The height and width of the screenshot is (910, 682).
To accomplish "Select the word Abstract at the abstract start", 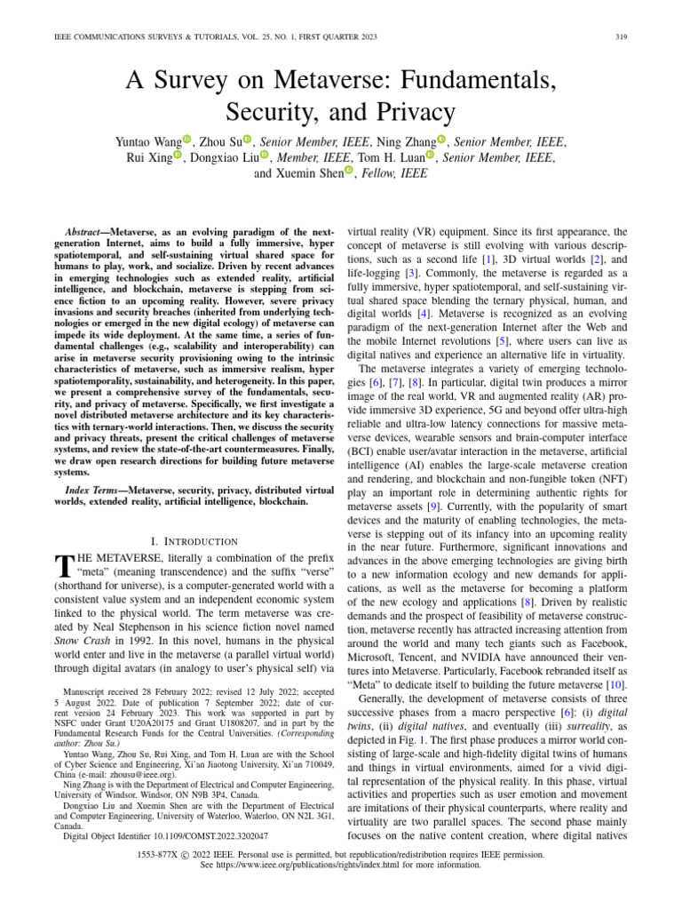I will tap(92, 229).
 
